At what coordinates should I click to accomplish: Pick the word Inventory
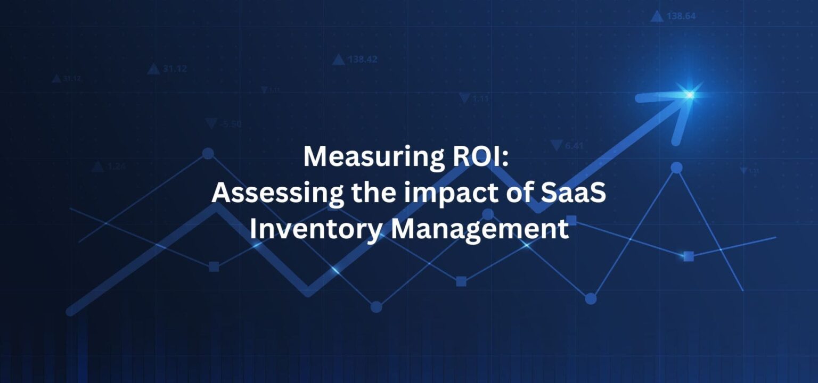(x=316, y=230)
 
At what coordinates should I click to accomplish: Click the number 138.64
(x=681, y=16)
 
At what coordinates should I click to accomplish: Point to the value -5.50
(x=230, y=124)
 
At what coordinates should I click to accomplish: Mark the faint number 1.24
(x=117, y=166)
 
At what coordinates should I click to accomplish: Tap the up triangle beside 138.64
(x=657, y=16)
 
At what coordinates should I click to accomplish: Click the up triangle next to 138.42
(x=338, y=60)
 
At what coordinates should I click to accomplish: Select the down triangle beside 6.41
(x=557, y=145)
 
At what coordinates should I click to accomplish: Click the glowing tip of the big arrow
(x=690, y=95)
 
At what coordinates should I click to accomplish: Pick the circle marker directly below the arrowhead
(x=676, y=168)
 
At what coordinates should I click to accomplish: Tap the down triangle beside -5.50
(x=211, y=124)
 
